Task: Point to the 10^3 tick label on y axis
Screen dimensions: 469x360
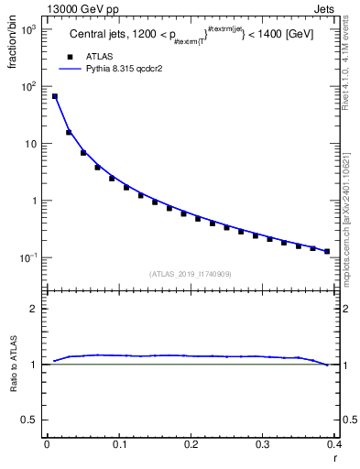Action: coord(29,29)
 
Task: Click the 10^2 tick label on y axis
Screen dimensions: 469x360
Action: coord(29,87)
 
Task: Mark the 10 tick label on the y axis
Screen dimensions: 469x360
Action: coord(31,144)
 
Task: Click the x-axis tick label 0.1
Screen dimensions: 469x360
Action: coord(118,443)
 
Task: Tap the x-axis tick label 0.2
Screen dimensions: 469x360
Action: coord(191,443)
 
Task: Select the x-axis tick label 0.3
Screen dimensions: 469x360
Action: coord(263,443)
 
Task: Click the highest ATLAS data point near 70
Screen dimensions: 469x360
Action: coord(54,96)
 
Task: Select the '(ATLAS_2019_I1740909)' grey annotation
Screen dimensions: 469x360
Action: coord(191,274)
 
